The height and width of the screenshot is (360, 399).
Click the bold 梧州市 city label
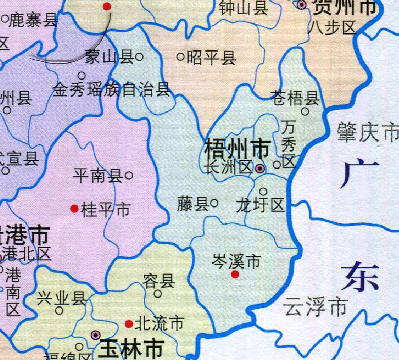pos(237,149)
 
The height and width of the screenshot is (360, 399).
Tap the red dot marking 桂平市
pos(74,209)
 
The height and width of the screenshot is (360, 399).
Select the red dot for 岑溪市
pos(235,274)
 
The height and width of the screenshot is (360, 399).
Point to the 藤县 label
pos(192,204)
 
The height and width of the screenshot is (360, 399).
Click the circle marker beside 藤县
pos(214,204)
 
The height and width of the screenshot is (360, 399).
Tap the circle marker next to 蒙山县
pos(140,57)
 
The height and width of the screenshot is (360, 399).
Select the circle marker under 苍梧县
pos(305,112)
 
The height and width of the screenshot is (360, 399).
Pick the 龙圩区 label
pos(261,205)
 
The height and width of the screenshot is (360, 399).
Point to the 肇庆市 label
pos(367,133)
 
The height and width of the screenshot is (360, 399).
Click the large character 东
pos(360,277)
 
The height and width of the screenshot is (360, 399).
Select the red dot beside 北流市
pos(128,324)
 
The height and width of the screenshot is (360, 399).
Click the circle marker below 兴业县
pos(60,310)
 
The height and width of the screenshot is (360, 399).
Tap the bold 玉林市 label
pos(131,349)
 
